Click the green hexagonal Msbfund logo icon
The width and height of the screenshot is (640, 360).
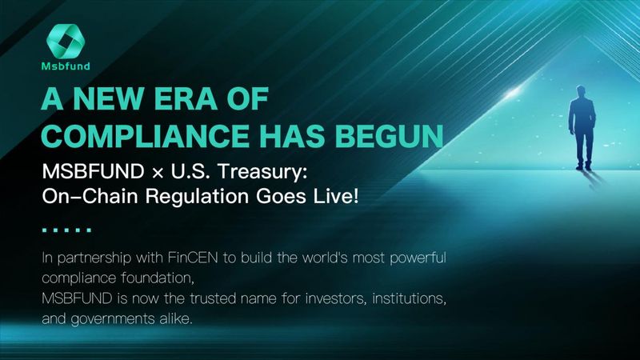coord(66,41)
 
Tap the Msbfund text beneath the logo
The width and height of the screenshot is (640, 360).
coord(66,66)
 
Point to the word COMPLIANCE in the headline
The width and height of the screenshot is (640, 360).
coord(146,135)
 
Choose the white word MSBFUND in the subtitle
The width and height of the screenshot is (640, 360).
coord(93,171)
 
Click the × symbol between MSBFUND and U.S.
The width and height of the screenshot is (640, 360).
coord(158,173)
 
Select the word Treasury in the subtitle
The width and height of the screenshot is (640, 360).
coord(262,172)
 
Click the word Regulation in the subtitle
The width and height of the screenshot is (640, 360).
coord(197,197)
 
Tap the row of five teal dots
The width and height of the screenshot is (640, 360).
coord(66,230)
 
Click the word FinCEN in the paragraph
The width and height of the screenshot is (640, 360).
coord(193,258)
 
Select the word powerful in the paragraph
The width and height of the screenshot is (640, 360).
coord(418,258)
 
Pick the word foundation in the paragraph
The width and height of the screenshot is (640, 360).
coord(158,278)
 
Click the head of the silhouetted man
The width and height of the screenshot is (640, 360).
coord(581,91)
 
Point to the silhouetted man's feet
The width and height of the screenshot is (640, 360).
coord(584,167)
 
